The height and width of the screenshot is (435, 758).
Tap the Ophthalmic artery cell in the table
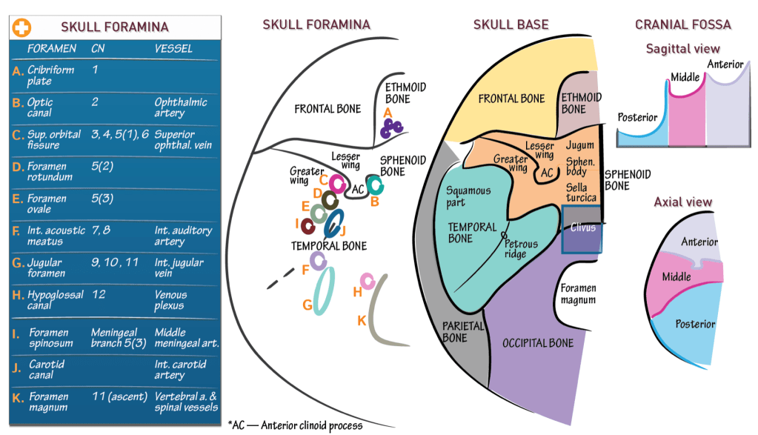180,107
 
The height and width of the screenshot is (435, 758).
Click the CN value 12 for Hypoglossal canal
99,294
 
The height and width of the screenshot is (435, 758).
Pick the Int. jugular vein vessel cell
179,268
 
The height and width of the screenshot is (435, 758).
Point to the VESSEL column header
173,49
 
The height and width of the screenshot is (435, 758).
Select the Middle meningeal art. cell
187,337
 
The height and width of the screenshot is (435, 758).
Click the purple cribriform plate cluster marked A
390,128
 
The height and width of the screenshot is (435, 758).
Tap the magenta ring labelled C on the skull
338,184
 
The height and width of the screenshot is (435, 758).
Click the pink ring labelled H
367,280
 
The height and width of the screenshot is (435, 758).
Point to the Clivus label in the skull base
583,228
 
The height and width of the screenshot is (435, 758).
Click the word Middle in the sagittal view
685,77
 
